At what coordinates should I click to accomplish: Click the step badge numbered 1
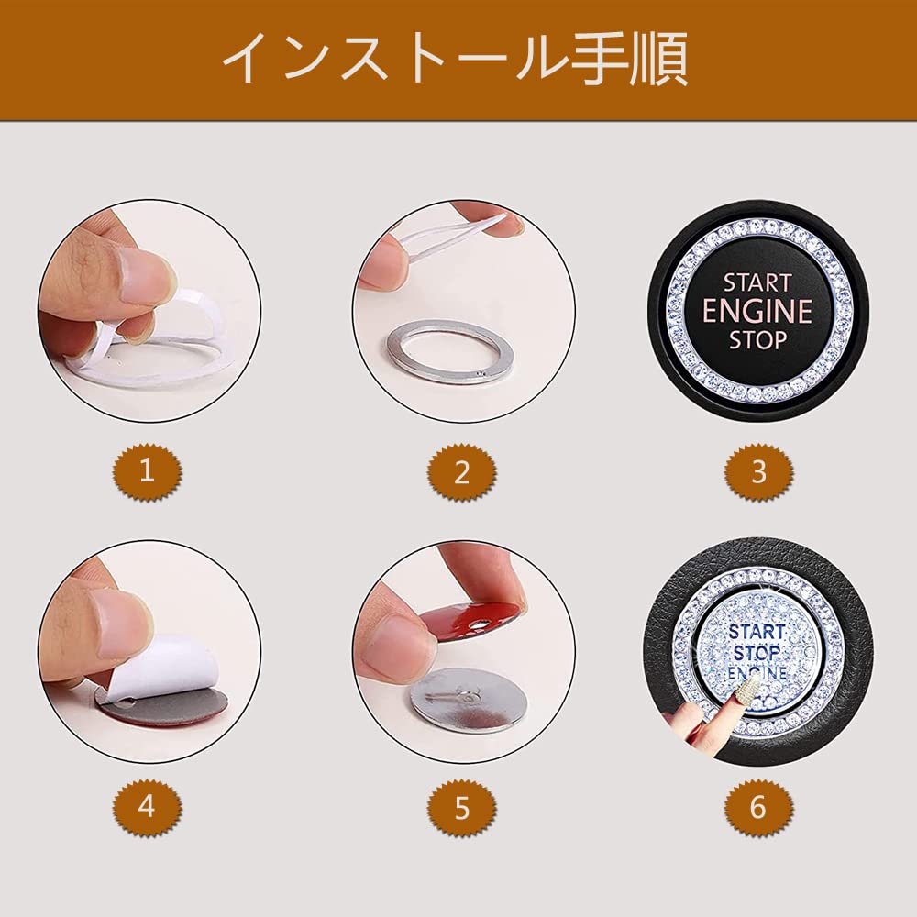148,471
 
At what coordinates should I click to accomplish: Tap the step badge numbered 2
462,471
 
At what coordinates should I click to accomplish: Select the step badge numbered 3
758,471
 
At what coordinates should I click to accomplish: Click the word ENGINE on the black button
757,311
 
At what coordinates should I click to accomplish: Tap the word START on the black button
757,283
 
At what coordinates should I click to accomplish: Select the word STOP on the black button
757,340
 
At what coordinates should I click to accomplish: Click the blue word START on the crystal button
757,632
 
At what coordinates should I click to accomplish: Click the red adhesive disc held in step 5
468,623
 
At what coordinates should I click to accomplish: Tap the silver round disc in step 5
468,701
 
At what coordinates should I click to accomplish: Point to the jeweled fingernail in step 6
747,684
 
